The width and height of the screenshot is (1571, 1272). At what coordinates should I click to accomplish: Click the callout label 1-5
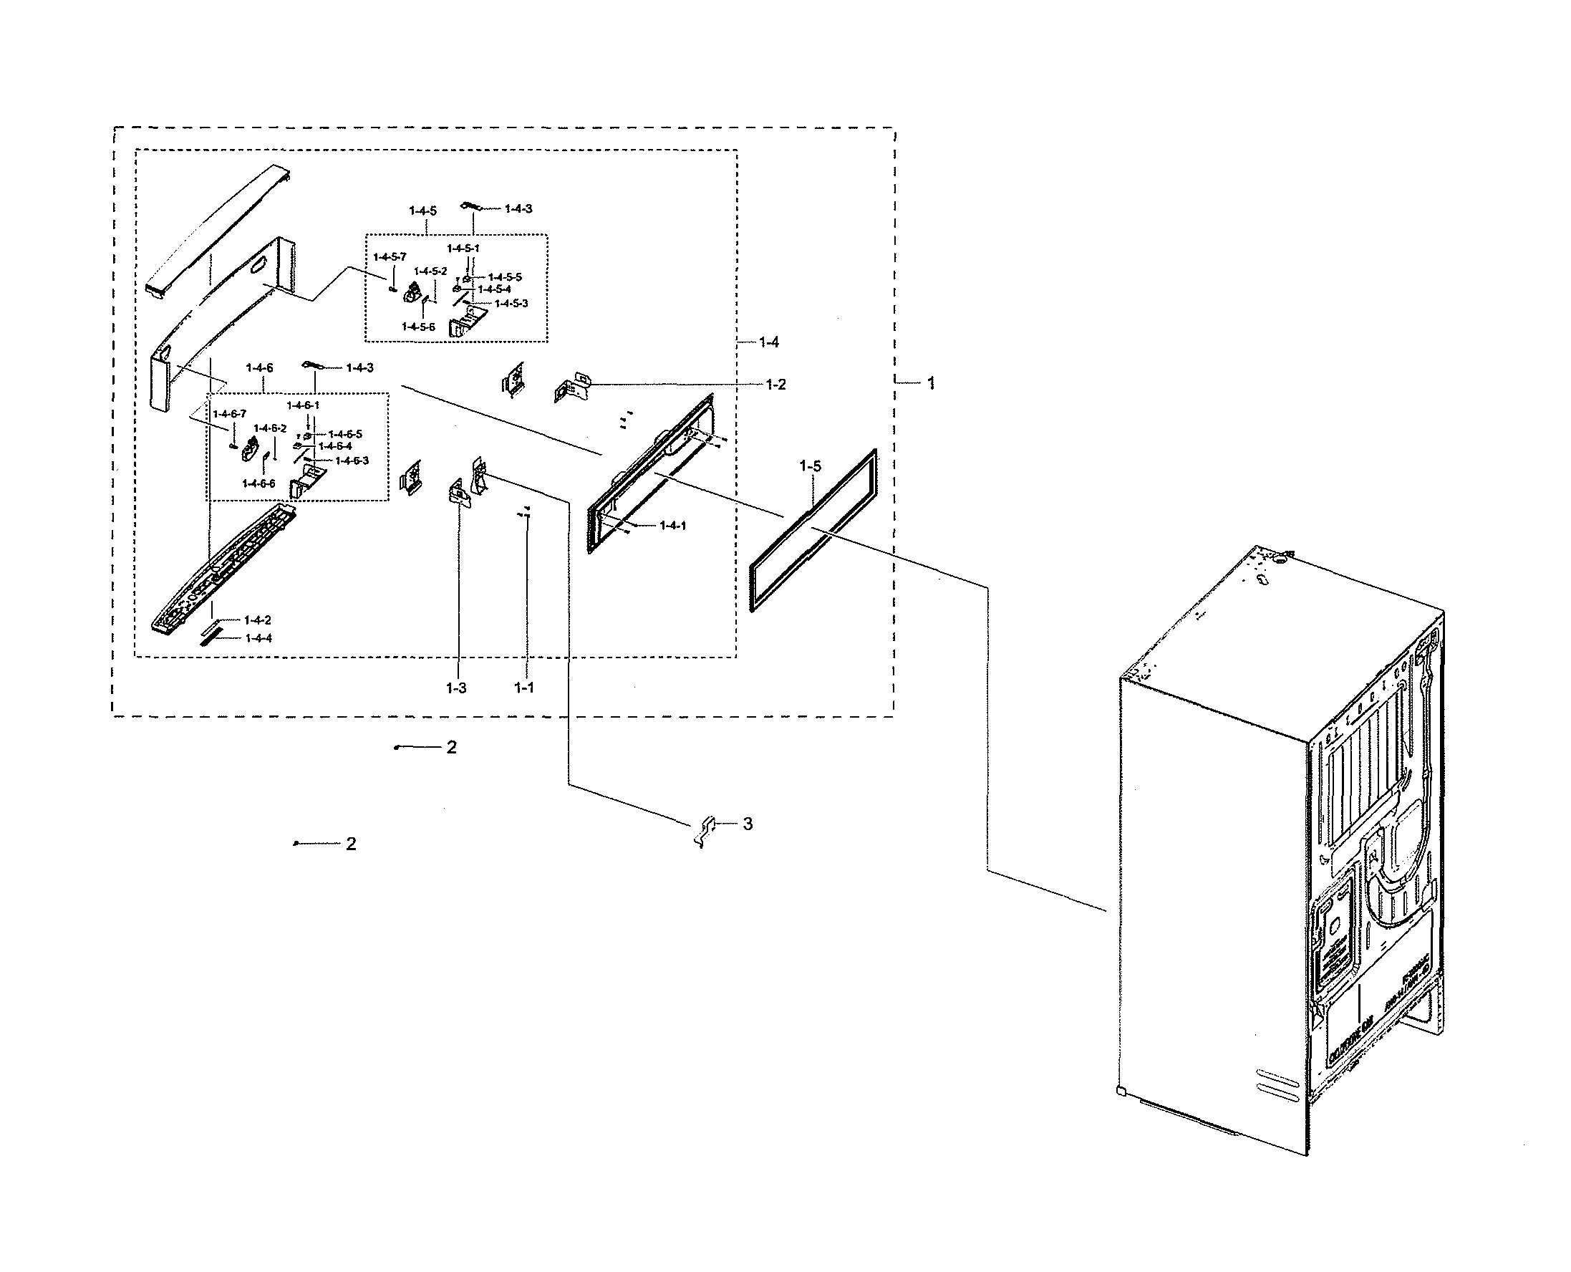pos(810,466)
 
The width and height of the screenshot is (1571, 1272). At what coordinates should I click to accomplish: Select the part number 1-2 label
pos(775,385)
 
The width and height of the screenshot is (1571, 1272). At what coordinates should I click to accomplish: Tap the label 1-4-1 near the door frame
pos(672,526)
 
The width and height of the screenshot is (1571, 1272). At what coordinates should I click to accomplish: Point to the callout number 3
pos(748,824)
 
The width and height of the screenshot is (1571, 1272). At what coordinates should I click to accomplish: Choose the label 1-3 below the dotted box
pos(455,688)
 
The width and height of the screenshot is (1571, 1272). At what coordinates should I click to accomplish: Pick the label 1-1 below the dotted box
pos(523,688)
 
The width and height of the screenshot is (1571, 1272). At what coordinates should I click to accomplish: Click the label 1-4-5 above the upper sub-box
pos(422,211)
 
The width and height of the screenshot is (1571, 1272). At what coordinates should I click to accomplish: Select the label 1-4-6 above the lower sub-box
pos(259,368)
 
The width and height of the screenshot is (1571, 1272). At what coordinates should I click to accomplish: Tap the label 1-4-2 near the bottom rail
pos(257,620)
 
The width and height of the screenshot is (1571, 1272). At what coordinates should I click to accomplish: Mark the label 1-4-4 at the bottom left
pos(258,638)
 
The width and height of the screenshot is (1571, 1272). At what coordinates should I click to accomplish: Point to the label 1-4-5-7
pos(389,257)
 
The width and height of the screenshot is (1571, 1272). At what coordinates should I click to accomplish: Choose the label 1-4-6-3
pos(352,461)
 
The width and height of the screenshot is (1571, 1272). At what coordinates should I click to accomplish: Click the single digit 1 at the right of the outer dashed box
pos(931,383)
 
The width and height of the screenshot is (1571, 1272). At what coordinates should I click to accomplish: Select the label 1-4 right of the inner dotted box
pos(768,342)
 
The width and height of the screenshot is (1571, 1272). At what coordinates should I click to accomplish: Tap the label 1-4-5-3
pos(511,304)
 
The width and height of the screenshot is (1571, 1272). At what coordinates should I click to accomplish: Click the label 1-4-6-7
pos(229,415)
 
